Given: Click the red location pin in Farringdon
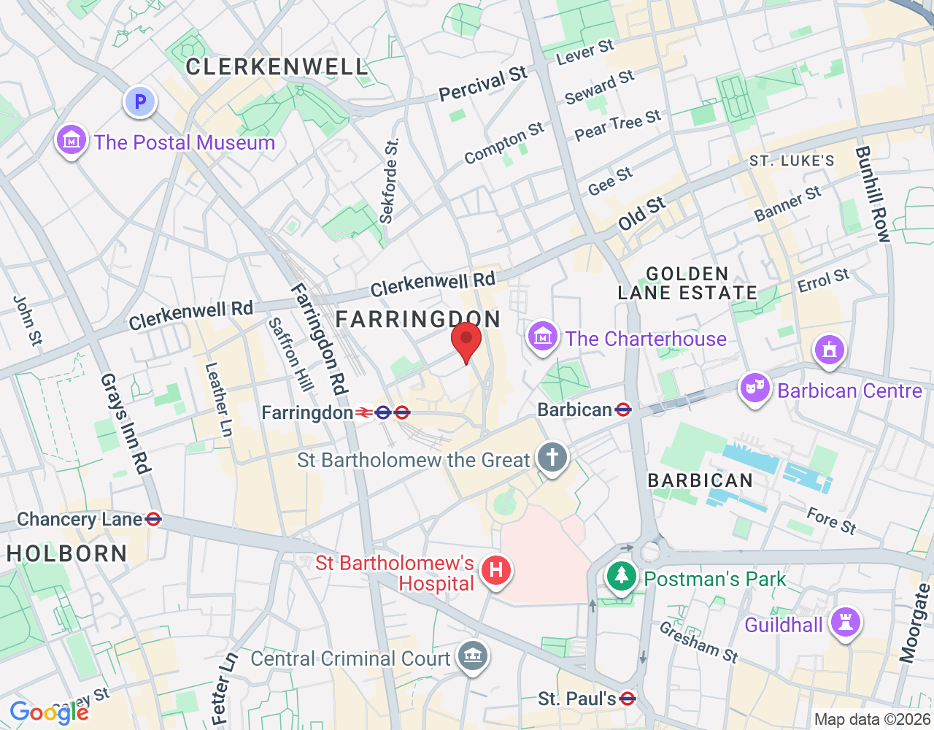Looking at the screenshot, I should point(466,340).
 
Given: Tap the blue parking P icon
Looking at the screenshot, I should point(140,101).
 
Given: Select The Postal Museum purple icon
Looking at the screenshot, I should point(72,139).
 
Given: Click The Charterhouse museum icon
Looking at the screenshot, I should point(542,337).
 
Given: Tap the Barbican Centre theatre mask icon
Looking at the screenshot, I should point(754,388).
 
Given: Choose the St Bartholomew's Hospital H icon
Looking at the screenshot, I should point(496,569).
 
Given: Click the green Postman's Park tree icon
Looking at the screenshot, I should point(621,576).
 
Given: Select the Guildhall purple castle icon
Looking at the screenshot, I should point(846,623).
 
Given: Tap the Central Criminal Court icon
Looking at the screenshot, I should point(472,656).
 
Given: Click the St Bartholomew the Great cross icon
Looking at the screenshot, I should point(552,458).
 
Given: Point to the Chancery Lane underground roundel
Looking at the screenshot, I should point(153,519).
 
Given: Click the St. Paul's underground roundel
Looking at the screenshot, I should point(627,699).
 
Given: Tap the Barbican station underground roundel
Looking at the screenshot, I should point(623,410).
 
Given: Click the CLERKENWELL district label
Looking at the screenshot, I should point(277,67).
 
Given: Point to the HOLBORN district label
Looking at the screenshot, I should point(67,554).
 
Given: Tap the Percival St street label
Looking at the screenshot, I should point(482,85).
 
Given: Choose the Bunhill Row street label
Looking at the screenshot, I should point(873,194).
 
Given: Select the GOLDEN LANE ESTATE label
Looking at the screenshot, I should point(687,283).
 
